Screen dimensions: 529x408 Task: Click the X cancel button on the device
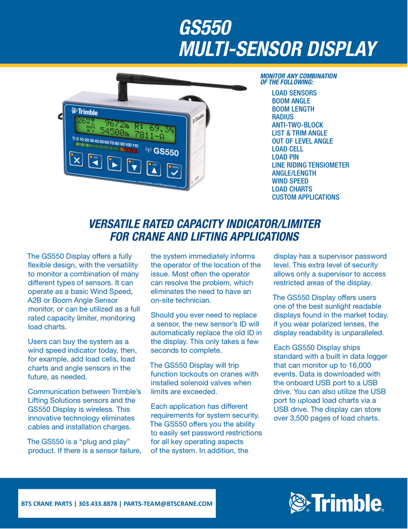77,161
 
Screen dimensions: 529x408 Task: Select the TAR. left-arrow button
95,163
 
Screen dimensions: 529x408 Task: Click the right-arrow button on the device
115,165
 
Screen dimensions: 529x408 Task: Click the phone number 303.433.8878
99,503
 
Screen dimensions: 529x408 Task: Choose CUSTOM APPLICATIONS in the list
305,197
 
